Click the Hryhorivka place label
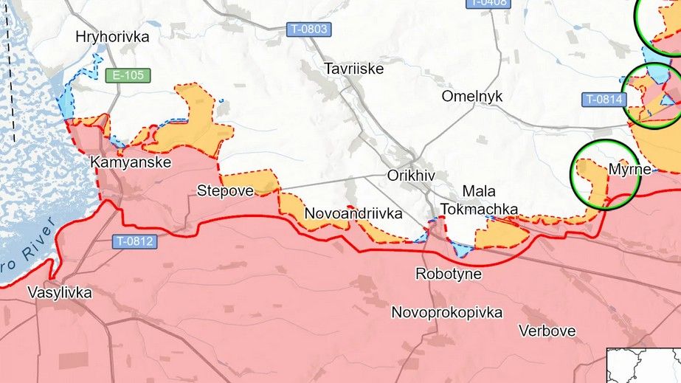tap(112, 36)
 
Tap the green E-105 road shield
tap(128, 75)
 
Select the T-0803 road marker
tap(309, 30)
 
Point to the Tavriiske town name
tap(353, 69)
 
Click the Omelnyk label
tap(471, 96)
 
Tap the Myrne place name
tap(629, 170)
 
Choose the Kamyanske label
tap(131, 162)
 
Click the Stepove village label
tap(225, 190)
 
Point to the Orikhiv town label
tap(411, 176)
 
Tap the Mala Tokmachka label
tap(479, 200)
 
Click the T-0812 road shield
tap(135, 241)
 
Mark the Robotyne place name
tap(449, 274)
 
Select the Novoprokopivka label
tap(447, 312)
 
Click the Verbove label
tap(547, 330)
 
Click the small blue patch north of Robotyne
tap(463, 249)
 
